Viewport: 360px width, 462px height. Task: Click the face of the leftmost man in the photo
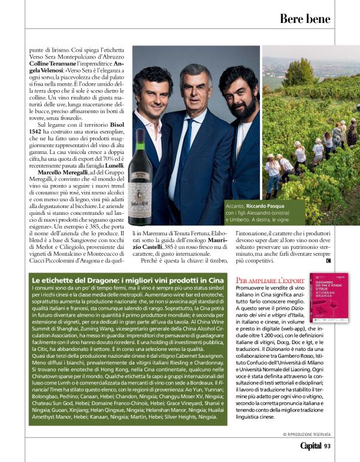pyautogui.click(x=150, y=88)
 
